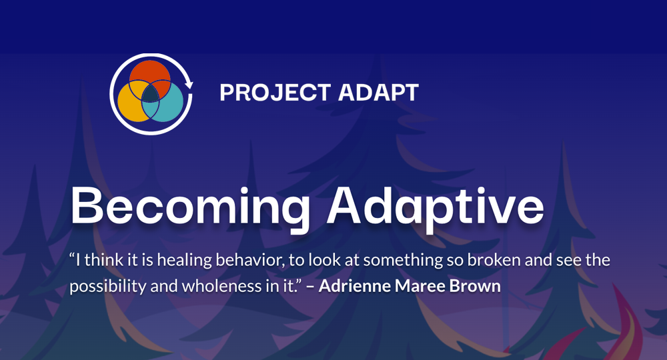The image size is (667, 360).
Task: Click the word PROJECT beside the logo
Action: click(269, 93)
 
